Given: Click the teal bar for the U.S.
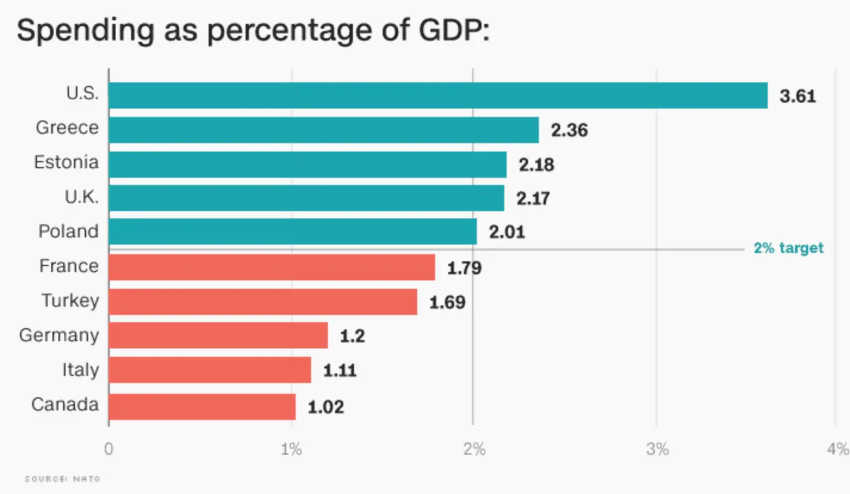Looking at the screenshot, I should coord(438,95).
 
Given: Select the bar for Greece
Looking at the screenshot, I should coord(324,129).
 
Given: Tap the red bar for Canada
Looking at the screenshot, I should coord(202,406).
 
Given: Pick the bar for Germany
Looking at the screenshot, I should coord(218,335).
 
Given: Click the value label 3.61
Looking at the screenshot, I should coord(798,96).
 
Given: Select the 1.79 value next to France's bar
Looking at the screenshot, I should coord(464,268).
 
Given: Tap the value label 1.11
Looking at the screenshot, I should coord(340,370).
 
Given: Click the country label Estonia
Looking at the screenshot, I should coord(66,162).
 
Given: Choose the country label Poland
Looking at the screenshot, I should coord(69,231).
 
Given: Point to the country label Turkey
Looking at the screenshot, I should coord(70,300).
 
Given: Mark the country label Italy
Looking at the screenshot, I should coord(80,370).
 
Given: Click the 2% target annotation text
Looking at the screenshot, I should coord(788,248).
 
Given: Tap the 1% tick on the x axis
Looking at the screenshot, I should coord(291,449).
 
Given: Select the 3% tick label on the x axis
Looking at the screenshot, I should coord(656,449).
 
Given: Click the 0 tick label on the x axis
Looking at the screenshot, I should coord(108,449).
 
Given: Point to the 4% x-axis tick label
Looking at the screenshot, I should coord(837,449).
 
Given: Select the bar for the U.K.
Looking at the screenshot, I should coord(306,198).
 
